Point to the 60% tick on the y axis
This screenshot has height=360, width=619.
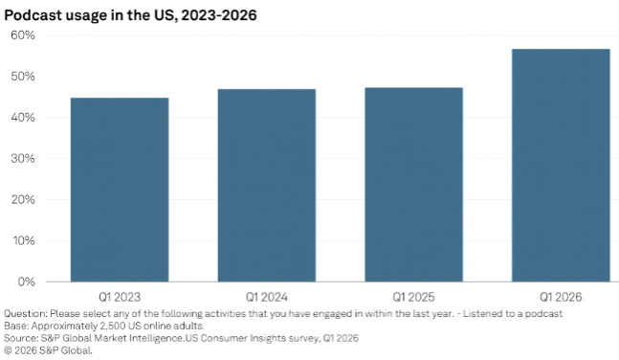point(23,35)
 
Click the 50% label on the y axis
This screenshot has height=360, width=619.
point(23,77)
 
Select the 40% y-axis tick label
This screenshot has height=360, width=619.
point(23,118)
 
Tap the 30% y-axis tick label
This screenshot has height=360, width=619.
point(23,159)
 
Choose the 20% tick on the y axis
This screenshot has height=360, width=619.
point(23,200)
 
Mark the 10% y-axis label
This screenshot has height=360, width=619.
point(23,241)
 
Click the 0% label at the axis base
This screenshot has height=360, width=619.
point(26,282)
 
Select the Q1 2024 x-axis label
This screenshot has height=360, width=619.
point(267,297)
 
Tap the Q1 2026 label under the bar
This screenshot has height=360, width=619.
point(561,297)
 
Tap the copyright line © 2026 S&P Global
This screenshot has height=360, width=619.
point(48,351)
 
